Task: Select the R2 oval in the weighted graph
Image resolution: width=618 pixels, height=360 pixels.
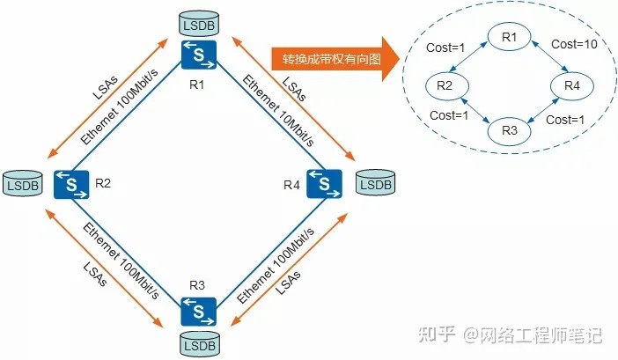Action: coord(445,85)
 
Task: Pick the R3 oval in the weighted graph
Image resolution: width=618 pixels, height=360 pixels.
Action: coord(510,130)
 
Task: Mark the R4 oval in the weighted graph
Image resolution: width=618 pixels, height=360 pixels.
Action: coord(572,85)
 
